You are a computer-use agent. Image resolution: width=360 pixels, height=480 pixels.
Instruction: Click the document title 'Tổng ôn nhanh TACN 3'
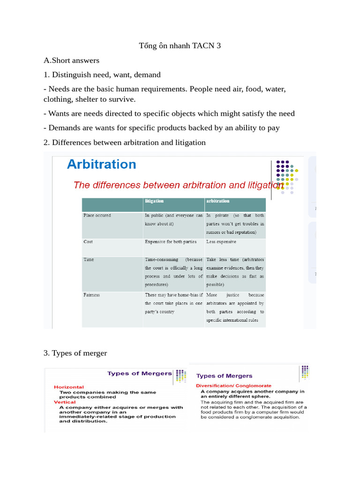[x=180, y=45]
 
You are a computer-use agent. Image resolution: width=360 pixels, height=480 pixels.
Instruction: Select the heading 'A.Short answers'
[x=71, y=60]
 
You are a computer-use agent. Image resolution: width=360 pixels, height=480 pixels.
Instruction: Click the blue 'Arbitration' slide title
[x=101, y=165]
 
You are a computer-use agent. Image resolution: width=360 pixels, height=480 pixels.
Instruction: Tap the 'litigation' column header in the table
[x=154, y=201]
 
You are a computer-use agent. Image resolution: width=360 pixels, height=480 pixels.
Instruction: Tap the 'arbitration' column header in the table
[x=217, y=201]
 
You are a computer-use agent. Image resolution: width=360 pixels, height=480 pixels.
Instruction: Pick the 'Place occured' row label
[x=97, y=216]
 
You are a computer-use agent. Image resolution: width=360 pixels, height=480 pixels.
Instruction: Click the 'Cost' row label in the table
[x=88, y=242]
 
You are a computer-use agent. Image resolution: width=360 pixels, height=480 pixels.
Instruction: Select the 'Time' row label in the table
[x=89, y=259]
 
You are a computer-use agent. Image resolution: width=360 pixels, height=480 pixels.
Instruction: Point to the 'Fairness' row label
[x=91, y=295]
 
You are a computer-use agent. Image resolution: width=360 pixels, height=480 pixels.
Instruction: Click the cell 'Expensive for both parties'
[x=171, y=242]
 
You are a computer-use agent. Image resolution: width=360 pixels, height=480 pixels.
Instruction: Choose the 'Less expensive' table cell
[x=221, y=242]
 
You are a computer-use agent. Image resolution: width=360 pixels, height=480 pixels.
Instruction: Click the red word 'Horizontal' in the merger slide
[x=69, y=387]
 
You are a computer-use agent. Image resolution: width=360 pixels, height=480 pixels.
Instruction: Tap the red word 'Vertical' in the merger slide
[x=65, y=402]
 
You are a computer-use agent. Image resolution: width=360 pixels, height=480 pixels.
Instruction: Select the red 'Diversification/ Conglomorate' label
[x=233, y=385]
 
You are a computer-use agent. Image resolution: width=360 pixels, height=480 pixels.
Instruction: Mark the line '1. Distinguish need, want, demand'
[x=102, y=75]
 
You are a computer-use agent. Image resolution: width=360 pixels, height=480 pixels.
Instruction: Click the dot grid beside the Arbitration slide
[x=287, y=176]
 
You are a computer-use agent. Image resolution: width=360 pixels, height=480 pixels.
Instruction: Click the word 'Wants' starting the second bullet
[x=59, y=113]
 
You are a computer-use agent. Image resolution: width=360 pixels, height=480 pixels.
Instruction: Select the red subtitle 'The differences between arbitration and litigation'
[x=179, y=185]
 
